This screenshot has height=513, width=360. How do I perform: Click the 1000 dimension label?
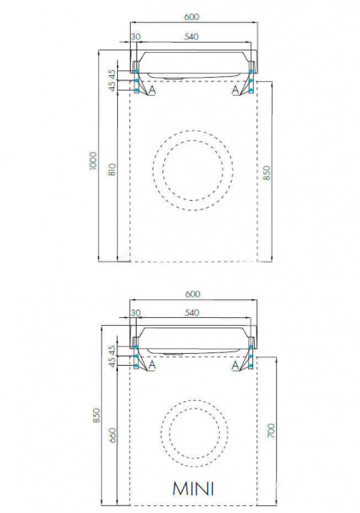pyautogui.click(x=93, y=161)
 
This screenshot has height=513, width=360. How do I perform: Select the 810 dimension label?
pyautogui.click(x=112, y=170)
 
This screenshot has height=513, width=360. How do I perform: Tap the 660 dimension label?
pyautogui.click(x=112, y=435)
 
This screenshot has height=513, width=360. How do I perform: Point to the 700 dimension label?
pyautogui.click(x=271, y=431)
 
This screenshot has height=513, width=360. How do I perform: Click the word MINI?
pyautogui.click(x=193, y=488)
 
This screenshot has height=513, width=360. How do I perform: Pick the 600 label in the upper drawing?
pyautogui.click(x=192, y=17)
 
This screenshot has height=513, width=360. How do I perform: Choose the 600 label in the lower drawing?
pyautogui.click(x=192, y=294)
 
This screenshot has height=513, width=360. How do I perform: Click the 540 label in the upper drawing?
pyautogui.click(x=192, y=37)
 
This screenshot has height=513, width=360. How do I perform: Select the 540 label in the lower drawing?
pyautogui.click(x=192, y=313)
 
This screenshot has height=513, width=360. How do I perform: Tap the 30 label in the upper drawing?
pyautogui.click(x=136, y=37)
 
